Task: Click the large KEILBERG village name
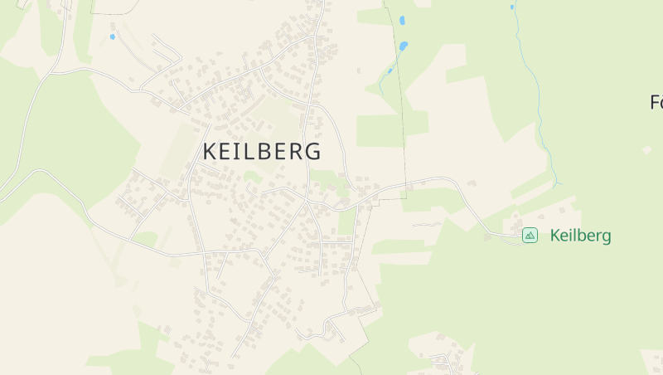pos(262,152)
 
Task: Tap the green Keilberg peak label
pos(580,236)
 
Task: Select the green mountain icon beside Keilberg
pos(530,236)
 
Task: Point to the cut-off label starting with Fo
pos(656,103)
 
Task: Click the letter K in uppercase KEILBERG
pos(211,152)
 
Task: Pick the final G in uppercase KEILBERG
pos(312,152)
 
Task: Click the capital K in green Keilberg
pos(555,236)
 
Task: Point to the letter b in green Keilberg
pos(581,236)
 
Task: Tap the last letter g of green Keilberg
pos(606,237)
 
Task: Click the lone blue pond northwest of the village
pos(113,37)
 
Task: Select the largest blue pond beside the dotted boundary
pos(404,46)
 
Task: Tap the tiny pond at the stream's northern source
pos(512,7)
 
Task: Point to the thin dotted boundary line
pos(403,124)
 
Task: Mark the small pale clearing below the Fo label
pos(646,150)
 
